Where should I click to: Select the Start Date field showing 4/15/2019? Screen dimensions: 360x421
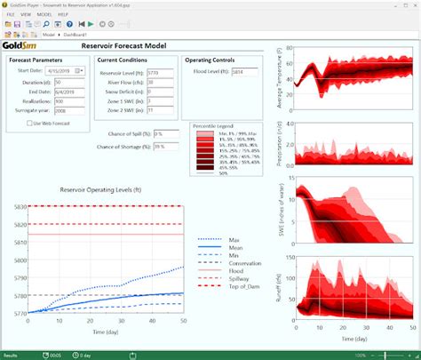click(65, 70)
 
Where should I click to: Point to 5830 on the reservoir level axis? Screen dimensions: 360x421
click(15, 206)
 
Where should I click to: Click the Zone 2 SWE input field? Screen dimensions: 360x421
click(157, 111)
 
